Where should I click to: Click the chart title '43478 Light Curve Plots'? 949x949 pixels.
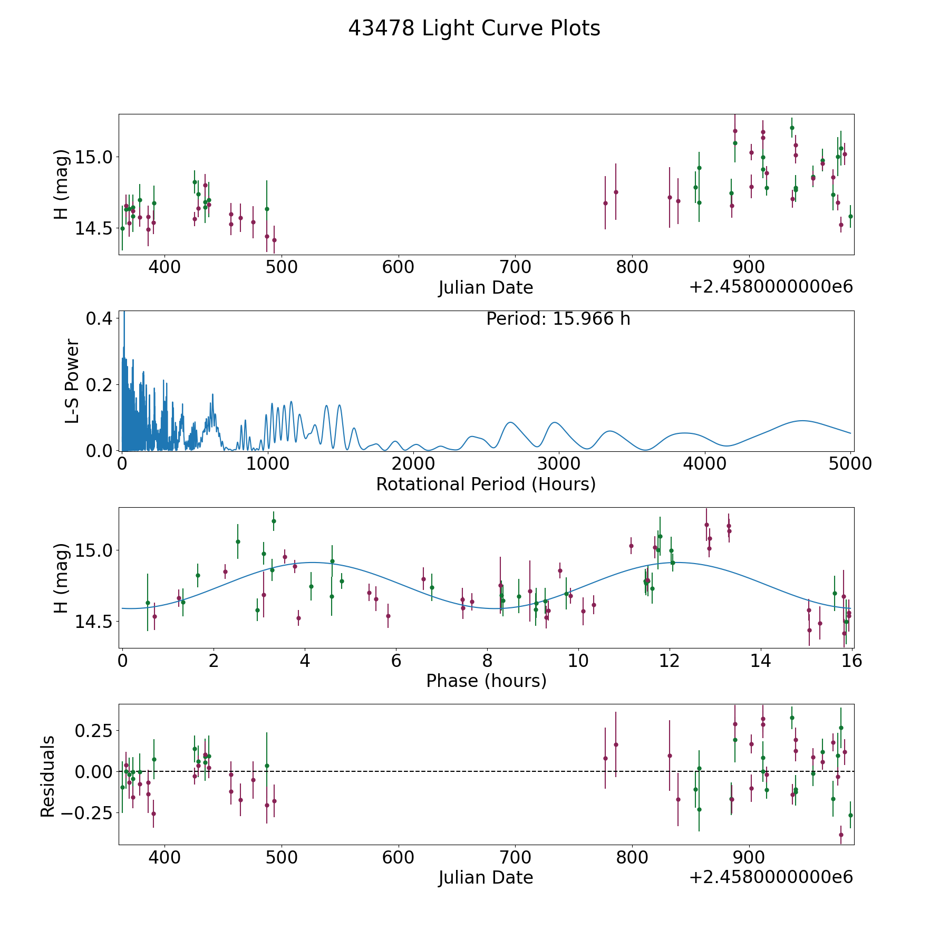pos(474,28)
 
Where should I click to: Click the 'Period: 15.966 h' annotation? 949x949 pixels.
pos(558,319)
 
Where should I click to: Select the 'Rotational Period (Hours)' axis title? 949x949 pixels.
pos(486,484)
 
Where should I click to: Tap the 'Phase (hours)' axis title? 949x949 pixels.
pos(486,681)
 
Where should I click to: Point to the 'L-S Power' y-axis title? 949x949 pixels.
pos(72,381)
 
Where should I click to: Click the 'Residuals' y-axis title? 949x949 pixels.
pos(48,776)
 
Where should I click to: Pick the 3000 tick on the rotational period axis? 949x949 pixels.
pos(558,464)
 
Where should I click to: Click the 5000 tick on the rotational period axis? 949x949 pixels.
pos(850,464)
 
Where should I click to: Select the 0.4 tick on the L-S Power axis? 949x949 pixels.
pos(99,318)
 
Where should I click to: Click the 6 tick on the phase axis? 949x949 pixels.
pos(396,661)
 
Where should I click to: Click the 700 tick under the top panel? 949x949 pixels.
pos(515,267)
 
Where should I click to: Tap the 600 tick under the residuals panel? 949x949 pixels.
pos(398,857)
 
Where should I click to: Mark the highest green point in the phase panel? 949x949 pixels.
pos(274,521)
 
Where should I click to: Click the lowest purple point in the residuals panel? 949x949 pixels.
pos(841,835)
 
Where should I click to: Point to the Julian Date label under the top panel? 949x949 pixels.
pos(486,288)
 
